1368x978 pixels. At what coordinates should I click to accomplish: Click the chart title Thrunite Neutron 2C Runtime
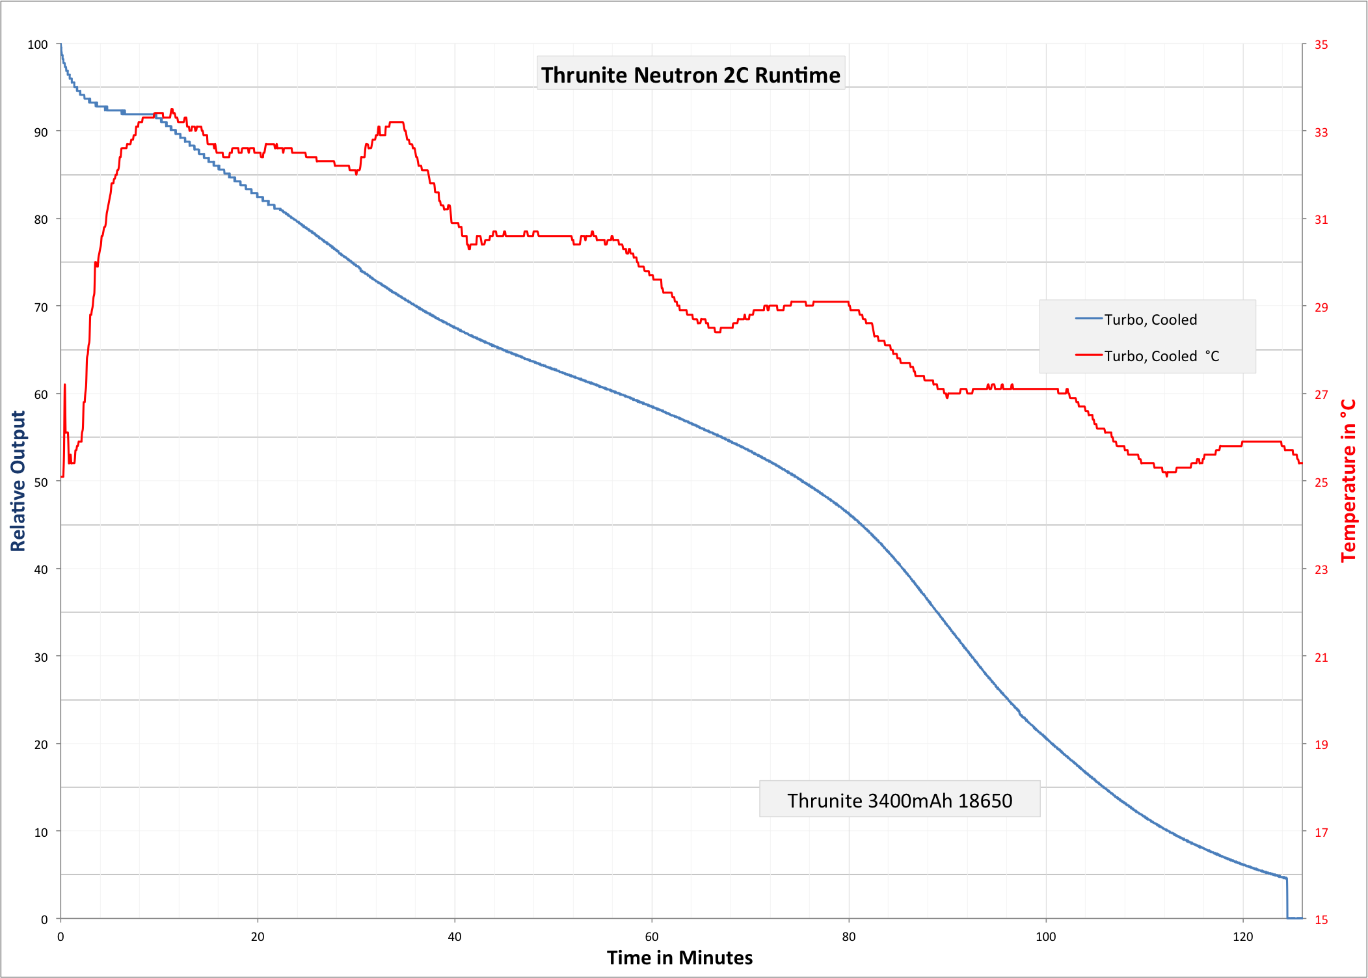690,75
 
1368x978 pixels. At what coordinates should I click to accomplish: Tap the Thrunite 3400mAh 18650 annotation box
899,800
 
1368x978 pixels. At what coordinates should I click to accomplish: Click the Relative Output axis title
18,481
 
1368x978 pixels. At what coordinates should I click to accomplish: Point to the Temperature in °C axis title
1349,481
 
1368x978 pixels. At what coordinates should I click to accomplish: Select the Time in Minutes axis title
679,958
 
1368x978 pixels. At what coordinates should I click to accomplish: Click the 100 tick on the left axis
38,45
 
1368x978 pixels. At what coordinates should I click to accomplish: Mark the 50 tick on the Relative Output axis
40,482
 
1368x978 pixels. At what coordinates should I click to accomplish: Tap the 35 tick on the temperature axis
1321,45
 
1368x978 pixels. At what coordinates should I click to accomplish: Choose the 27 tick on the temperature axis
1321,395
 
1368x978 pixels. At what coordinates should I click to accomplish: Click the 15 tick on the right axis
1321,919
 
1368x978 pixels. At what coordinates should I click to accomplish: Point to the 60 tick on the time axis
651,937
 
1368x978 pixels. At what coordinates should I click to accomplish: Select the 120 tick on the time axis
1242,937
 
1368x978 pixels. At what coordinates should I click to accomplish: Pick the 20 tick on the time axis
258,937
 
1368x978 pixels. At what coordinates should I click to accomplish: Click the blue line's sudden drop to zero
1287,898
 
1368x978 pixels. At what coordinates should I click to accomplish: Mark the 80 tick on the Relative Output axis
40,220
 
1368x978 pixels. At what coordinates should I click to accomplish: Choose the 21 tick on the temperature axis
1321,657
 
